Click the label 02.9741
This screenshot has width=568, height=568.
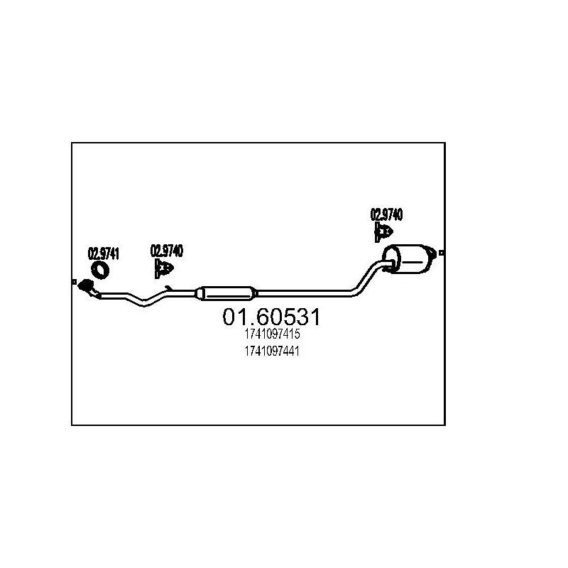coord(103,252)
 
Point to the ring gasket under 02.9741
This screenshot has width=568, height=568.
coord(102,269)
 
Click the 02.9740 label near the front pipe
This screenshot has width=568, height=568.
coord(167,250)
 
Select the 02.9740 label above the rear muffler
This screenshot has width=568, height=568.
coord(386,214)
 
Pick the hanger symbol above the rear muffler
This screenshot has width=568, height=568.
coord(384,231)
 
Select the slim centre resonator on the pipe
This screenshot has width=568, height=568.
coord(226,291)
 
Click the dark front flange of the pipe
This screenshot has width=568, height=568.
coord(88,287)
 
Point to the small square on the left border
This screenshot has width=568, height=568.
coord(74,282)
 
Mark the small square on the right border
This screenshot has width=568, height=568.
coord(442,252)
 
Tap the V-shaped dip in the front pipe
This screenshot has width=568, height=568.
coord(144,302)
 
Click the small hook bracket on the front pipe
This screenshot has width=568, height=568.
coord(168,287)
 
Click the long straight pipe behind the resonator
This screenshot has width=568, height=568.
coord(305,291)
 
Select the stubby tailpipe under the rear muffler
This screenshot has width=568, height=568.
coord(390,267)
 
